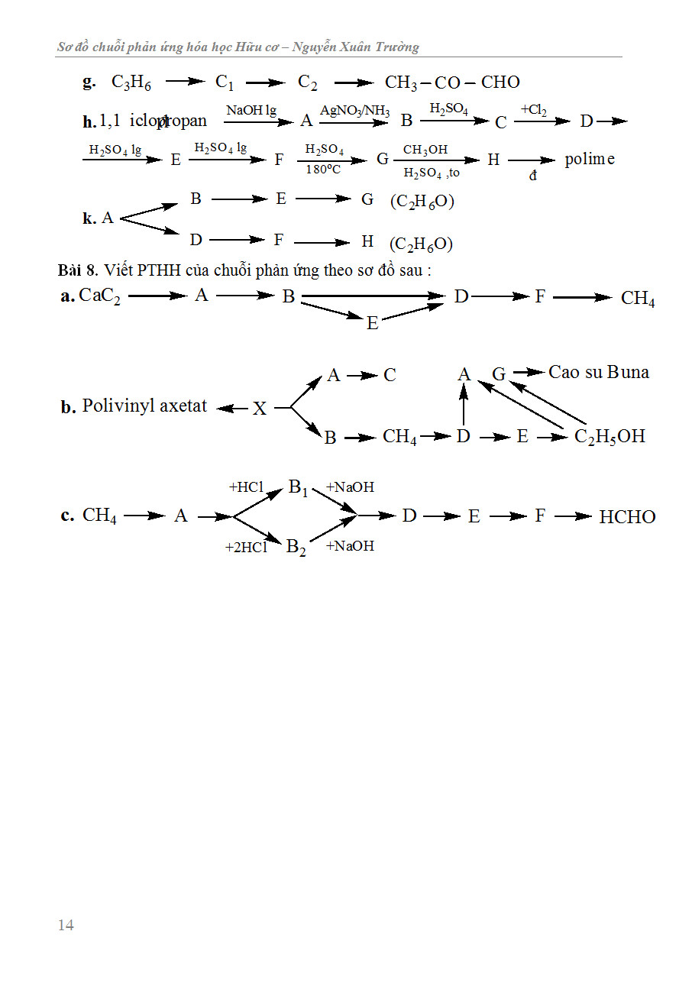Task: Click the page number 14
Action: pyautogui.click(x=66, y=925)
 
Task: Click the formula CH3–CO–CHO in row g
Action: pyautogui.click(x=452, y=82)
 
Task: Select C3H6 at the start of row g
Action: pyautogui.click(x=131, y=82)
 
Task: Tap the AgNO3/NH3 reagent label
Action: pyautogui.click(x=354, y=112)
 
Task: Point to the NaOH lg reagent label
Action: pyautogui.click(x=251, y=111)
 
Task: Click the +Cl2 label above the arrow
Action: pyautogui.click(x=534, y=110)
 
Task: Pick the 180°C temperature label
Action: pyautogui.click(x=323, y=170)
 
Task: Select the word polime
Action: pyautogui.click(x=590, y=160)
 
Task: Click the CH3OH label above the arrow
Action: pyautogui.click(x=425, y=150)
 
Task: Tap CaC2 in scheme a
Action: pyautogui.click(x=100, y=296)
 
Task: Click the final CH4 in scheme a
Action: pyautogui.click(x=638, y=299)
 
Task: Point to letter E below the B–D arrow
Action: pyautogui.click(x=372, y=323)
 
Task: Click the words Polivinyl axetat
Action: pyautogui.click(x=144, y=406)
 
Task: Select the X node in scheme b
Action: pyautogui.click(x=260, y=409)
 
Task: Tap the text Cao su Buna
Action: pyautogui.click(x=599, y=373)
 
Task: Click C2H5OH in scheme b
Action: pyautogui.click(x=609, y=437)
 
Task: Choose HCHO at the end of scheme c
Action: pyautogui.click(x=627, y=517)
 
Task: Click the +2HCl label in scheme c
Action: pyautogui.click(x=245, y=547)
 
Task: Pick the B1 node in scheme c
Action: pyautogui.click(x=297, y=488)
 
